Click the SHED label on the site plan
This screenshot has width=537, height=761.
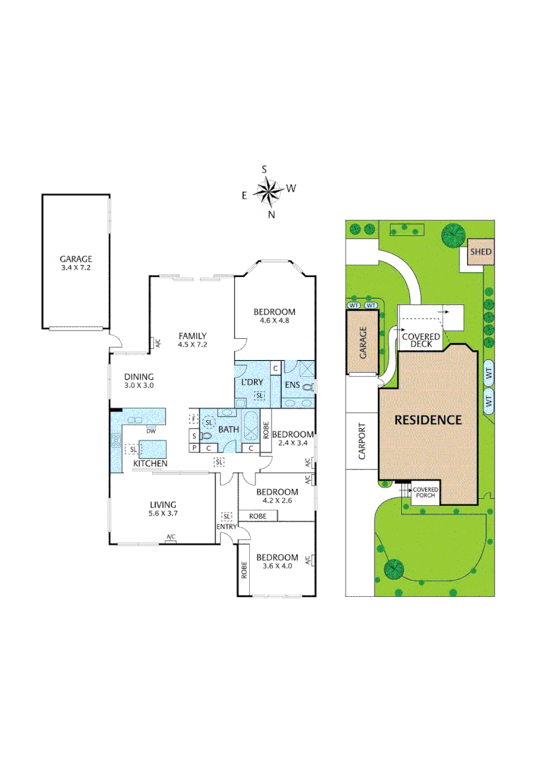click(x=481, y=252)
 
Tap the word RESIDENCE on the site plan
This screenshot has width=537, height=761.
click(x=427, y=420)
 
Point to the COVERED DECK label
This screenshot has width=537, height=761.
click(x=421, y=340)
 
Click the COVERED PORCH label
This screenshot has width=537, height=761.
click(x=425, y=493)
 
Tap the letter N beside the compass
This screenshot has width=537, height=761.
click(x=271, y=215)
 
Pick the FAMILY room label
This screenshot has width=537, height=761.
click(x=191, y=335)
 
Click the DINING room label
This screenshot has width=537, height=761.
click(x=139, y=376)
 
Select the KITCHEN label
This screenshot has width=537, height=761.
click(x=151, y=463)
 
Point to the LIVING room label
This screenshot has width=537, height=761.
click(x=163, y=504)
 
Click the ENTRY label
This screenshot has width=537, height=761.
click(x=227, y=527)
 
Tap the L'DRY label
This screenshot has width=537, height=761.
click(x=252, y=381)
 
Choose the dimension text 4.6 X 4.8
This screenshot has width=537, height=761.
click(x=275, y=321)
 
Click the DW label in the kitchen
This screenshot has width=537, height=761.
click(x=151, y=431)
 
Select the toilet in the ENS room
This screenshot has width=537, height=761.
click(x=308, y=387)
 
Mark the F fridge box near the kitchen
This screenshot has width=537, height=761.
click(x=193, y=419)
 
